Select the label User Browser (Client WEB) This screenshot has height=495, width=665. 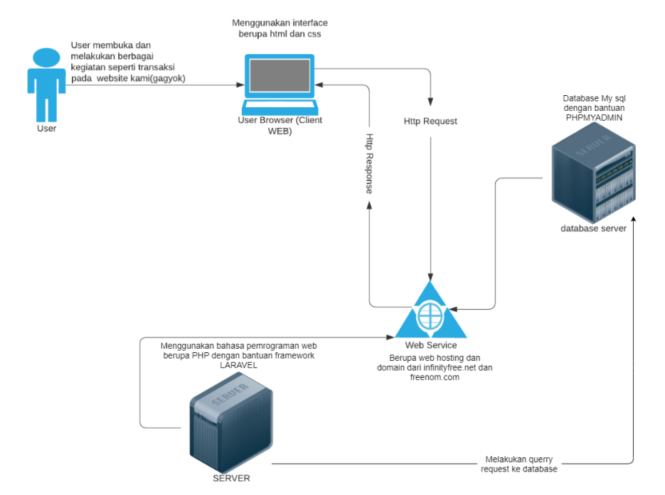280,126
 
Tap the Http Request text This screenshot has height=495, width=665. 430,121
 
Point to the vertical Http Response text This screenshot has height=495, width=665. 370,163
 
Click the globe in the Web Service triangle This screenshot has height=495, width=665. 430,315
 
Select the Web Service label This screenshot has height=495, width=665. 431,345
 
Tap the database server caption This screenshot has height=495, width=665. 593,228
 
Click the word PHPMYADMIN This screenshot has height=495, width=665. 595,118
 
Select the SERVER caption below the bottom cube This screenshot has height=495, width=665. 232,478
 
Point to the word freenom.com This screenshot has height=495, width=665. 434,378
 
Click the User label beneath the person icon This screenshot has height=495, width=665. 47,129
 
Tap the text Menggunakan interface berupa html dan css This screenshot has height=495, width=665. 280,28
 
